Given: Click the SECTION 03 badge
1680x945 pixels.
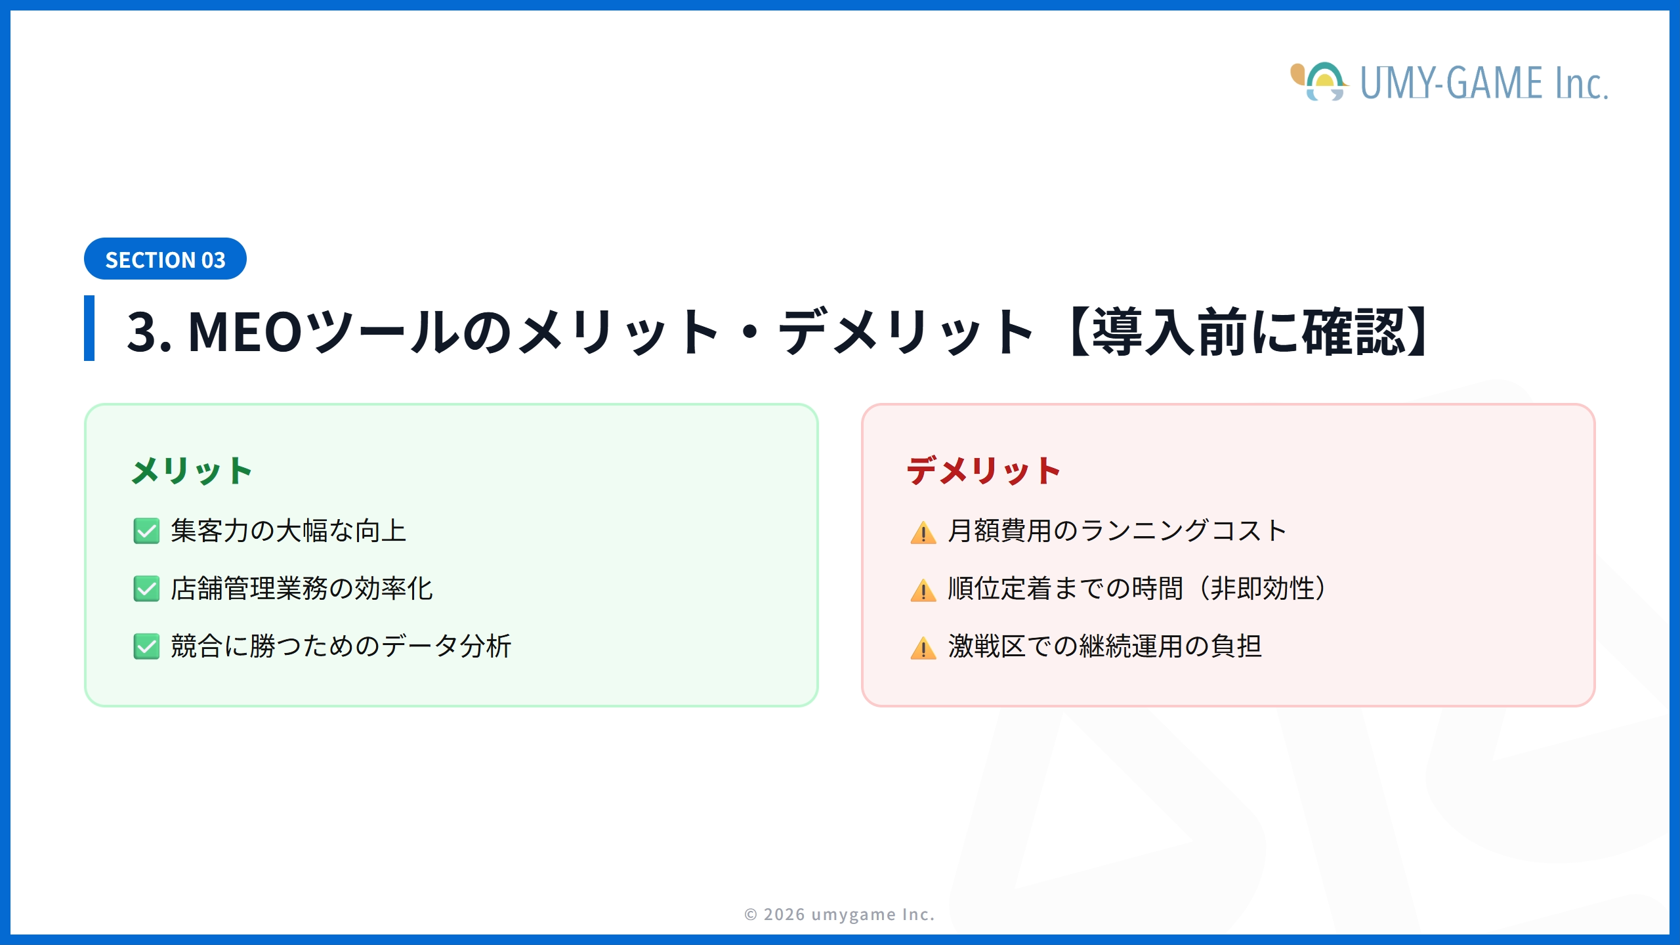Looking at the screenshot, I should pos(165,259).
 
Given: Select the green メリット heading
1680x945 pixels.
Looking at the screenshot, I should pos(192,471).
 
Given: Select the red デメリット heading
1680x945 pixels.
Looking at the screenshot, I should pos(983,471).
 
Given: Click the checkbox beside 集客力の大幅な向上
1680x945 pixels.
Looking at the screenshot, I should pos(146,531).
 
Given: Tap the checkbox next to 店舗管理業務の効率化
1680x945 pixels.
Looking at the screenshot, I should pos(146,589).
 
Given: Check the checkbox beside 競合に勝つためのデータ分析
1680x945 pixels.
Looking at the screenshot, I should pos(146,646).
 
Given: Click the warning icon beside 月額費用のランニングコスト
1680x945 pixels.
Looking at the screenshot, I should pos(923,532).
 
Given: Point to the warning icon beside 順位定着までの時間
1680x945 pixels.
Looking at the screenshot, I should pos(923,590).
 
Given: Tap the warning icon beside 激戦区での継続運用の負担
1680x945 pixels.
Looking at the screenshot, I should pos(923,648).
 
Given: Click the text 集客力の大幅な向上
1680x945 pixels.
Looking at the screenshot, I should pos(289,531).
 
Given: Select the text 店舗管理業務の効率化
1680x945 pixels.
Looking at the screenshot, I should pos(302,589).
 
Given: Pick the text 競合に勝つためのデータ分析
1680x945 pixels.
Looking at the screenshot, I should pos(341,646).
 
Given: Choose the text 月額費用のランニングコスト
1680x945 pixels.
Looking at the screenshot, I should pos(1117,531).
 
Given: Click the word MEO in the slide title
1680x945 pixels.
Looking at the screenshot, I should pos(245,332).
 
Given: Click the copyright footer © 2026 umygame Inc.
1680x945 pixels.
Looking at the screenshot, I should pos(839,914).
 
